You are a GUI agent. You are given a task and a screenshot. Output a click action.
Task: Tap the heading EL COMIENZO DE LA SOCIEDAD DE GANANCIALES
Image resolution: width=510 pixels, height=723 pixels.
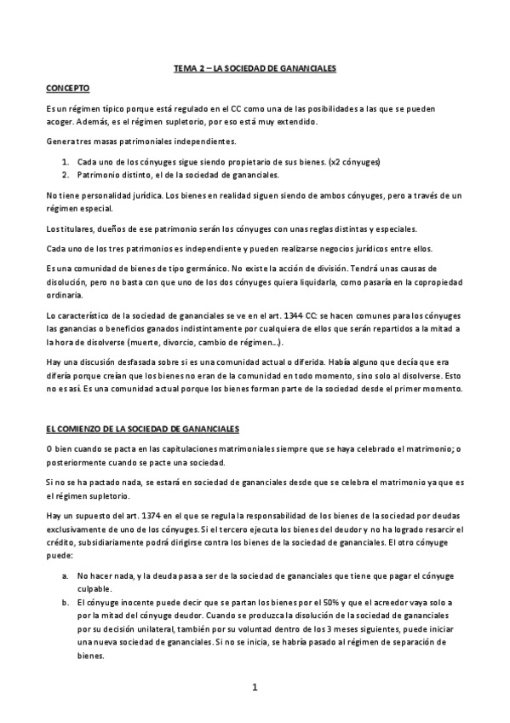pyautogui.click(x=143, y=428)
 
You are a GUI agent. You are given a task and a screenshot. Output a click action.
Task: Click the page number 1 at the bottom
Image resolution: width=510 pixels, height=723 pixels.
pyautogui.click(x=255, y=686)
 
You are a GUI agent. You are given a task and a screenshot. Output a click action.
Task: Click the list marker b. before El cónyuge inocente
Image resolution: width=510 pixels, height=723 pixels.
pyautogui.click(x=65, y=603)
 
